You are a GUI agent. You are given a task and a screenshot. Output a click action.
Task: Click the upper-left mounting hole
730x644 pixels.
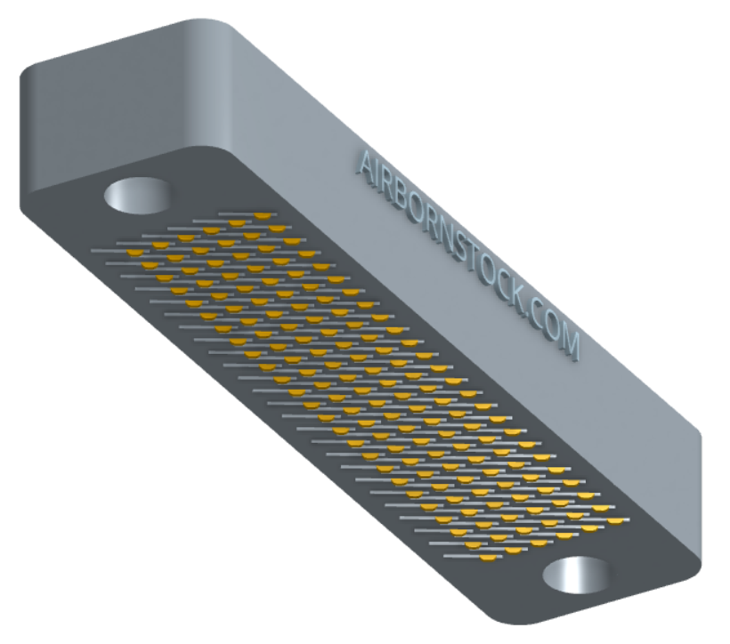136,196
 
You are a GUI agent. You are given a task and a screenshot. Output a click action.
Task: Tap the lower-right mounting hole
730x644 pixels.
576,576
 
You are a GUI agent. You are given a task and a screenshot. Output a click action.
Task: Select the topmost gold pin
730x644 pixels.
262,216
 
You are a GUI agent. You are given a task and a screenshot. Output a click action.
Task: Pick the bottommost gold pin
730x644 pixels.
488,558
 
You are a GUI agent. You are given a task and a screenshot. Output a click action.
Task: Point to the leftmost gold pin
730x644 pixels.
135,254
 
